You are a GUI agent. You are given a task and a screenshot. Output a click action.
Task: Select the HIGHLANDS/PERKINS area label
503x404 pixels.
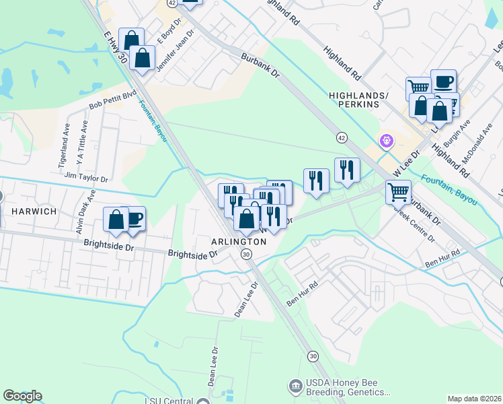pos(358,100)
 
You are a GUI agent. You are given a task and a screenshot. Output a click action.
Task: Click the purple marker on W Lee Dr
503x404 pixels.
pos(387,141)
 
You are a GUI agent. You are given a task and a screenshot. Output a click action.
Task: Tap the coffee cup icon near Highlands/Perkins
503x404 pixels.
pos(443,81)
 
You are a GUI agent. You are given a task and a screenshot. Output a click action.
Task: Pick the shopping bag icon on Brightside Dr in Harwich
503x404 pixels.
pos(116,220)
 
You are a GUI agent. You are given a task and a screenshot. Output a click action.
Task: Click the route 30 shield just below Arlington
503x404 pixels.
pos(247,254)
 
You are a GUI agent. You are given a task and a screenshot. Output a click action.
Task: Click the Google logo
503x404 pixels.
pos(22,396)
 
